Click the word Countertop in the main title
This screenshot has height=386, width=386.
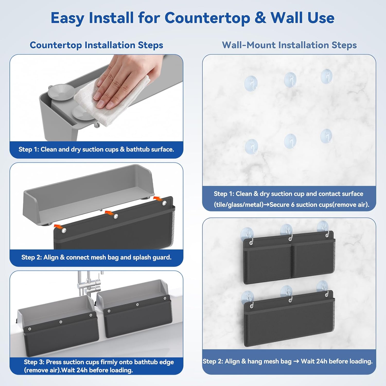pos(207,18)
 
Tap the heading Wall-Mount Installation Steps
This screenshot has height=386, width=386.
pos(289,45)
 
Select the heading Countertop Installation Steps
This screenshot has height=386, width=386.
pos(97,45)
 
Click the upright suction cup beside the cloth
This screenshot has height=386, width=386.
pos(60,92)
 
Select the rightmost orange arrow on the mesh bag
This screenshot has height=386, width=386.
pos(158,198)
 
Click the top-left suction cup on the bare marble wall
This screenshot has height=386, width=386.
pos(251,83)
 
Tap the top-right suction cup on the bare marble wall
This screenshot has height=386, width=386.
pos(327,76)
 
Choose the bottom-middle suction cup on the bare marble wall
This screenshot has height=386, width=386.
pos(290,141)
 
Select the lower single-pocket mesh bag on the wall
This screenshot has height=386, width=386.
pos(289,319)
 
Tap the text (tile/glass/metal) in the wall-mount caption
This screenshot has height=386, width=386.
pos(239,205)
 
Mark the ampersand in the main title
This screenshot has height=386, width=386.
pos(260,18)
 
